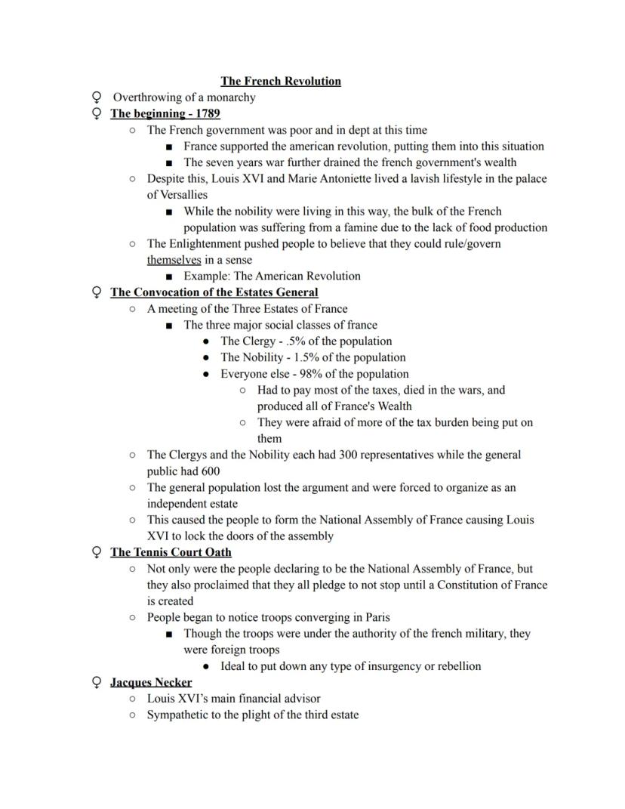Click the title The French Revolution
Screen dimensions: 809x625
pyautogui.click(x=280, y=81)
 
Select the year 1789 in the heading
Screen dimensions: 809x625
pyautogui.click(x=207, y=114)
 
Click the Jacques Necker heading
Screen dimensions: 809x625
pyautogui.click(x=151, y=682)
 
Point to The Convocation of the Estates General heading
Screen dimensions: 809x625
pyautogui.click(x=214, y=292)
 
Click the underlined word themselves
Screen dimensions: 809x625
pyautogui.click(x=174, y=260)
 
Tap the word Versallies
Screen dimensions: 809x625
pyautogui.click(x=177, y=195)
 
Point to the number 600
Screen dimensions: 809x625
pyautogui.click(x=211, y=471)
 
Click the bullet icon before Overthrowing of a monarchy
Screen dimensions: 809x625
pyautogui.click(x=96, y=97)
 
